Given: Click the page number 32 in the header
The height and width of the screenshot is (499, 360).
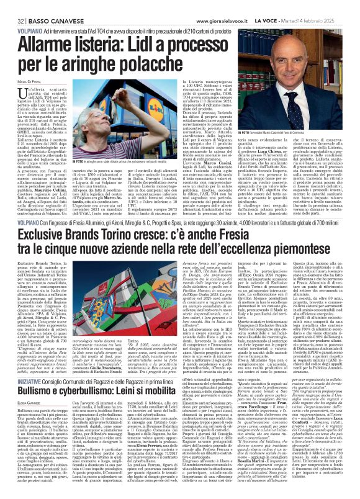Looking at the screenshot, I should [x=12, y=6].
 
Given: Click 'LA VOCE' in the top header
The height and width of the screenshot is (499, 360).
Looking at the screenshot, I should [x=273, y=6].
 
